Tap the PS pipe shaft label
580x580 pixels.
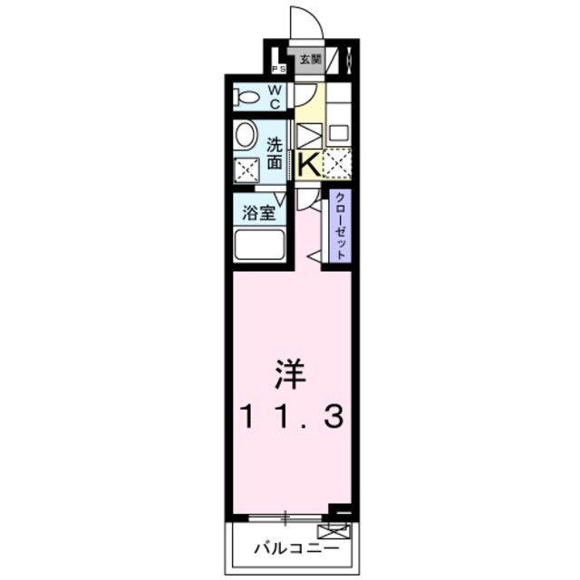coord(277,68)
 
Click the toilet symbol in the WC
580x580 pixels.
coord(246,96)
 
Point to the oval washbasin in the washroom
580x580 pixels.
coord(245,136)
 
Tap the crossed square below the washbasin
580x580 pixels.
coord(246,169)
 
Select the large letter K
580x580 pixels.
coord(308,164)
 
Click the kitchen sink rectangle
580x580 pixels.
coord(337,132)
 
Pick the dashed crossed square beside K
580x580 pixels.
coord(337,164)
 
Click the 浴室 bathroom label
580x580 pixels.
coord(258,215)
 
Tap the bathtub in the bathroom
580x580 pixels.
coord(259,245)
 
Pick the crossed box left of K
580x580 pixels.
coord(308,136)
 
